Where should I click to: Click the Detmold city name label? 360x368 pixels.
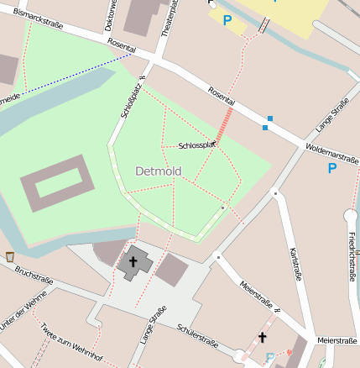pos(158,171)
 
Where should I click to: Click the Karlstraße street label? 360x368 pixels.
pos(294,265)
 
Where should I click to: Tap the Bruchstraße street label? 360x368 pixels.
pos(35,276)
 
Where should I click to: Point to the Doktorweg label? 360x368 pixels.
pos(110,15)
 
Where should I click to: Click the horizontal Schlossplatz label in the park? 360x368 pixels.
pos(198,145)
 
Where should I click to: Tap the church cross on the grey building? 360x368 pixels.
pos(133,262)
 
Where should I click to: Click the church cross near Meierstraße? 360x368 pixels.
pos(262,338)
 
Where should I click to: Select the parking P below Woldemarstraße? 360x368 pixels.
pos(331,168)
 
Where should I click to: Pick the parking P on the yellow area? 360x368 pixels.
pos(227,19)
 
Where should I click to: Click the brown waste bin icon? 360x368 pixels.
pos(9,255)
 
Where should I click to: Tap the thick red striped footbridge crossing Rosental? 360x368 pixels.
pos(224,125)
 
